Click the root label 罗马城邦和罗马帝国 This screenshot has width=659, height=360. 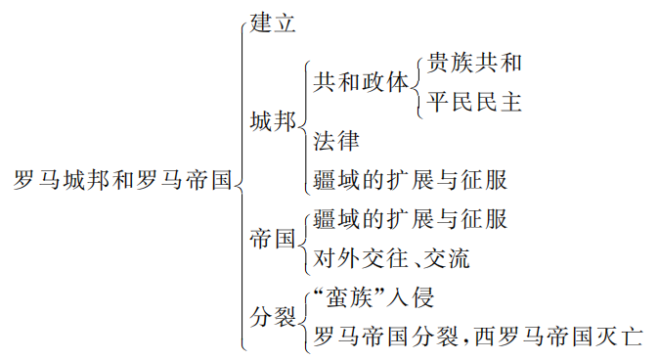coord(123,180)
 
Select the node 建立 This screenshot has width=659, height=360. coord(273,24)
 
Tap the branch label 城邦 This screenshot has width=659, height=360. coord(272,122)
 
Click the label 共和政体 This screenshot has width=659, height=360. coord(361,83)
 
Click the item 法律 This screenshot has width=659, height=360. coord(336,142)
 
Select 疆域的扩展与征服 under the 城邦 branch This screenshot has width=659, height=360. coord(411,181)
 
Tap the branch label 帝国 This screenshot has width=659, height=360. coord(272,239)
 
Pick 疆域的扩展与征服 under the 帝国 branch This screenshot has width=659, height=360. coord(411,219)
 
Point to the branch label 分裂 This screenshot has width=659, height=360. coord(272,317)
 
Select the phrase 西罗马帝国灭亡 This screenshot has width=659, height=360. coord(558,337)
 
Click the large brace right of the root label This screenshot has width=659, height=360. coord(241,181)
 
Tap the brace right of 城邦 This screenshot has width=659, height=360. coord(303,122)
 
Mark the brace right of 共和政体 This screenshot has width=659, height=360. coord(418,83)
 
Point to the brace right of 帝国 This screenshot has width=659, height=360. coord(303,239)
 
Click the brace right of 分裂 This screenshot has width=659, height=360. coord(303,317)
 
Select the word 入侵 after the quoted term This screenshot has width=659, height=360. coord(410,297)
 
